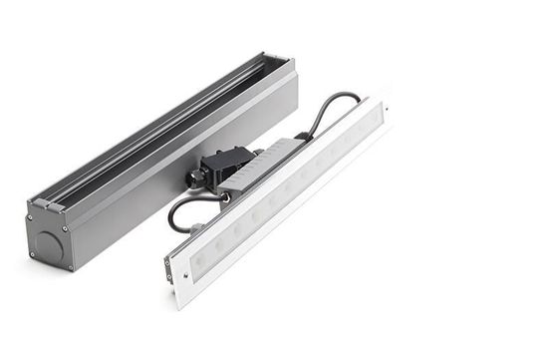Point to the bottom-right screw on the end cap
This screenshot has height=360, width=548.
70,266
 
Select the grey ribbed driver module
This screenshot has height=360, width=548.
261,166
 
